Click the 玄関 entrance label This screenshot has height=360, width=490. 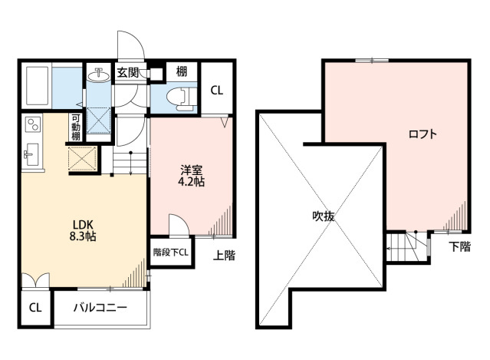128,73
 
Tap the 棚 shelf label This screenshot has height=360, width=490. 182,71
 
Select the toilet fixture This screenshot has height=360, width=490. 180,98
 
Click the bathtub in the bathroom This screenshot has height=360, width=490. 37,86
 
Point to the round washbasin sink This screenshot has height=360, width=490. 99,75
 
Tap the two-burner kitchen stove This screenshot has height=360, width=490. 33,124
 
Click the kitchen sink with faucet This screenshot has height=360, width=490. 31,154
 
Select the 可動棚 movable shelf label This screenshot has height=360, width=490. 76,127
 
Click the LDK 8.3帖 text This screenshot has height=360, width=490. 83,230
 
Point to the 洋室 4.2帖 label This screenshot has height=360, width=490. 191,176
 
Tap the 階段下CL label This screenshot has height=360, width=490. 171,253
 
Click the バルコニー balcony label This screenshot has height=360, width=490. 100,308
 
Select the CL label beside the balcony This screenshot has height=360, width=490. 35,308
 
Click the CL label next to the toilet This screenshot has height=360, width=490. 216,91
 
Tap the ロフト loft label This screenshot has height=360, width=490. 423,134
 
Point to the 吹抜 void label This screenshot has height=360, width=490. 323,216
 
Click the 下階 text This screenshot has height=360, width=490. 459,246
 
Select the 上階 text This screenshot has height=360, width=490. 224,256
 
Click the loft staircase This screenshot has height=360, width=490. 407,246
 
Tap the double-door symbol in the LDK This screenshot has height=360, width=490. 35,280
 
